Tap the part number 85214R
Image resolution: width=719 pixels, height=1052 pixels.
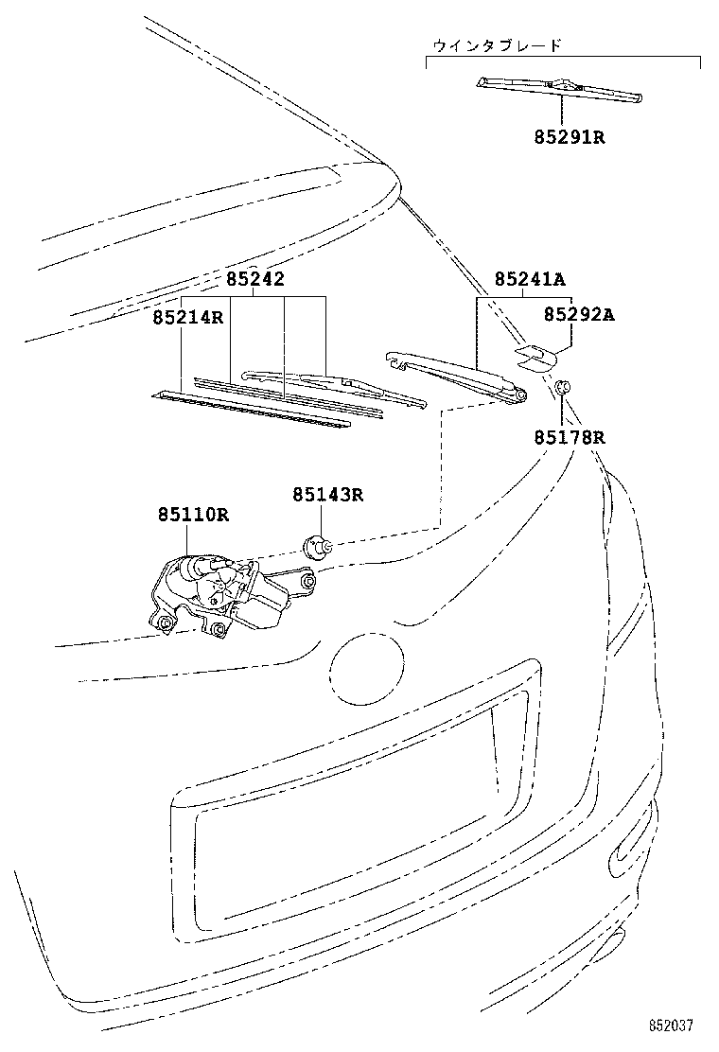[x=187, y=317]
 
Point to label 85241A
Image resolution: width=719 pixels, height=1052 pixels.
[x=529, y=280]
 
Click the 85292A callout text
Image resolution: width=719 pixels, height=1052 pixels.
[x=579, y=315]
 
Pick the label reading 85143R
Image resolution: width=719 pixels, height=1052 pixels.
[x=327, y=494]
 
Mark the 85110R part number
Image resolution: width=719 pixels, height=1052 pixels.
[x=193, y=516]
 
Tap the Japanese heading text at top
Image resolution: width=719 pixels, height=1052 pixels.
[x=497, y=45]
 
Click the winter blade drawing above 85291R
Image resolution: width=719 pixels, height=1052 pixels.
[x=561, y=89]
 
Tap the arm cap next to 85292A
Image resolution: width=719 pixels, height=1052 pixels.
[x=535, y=355]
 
